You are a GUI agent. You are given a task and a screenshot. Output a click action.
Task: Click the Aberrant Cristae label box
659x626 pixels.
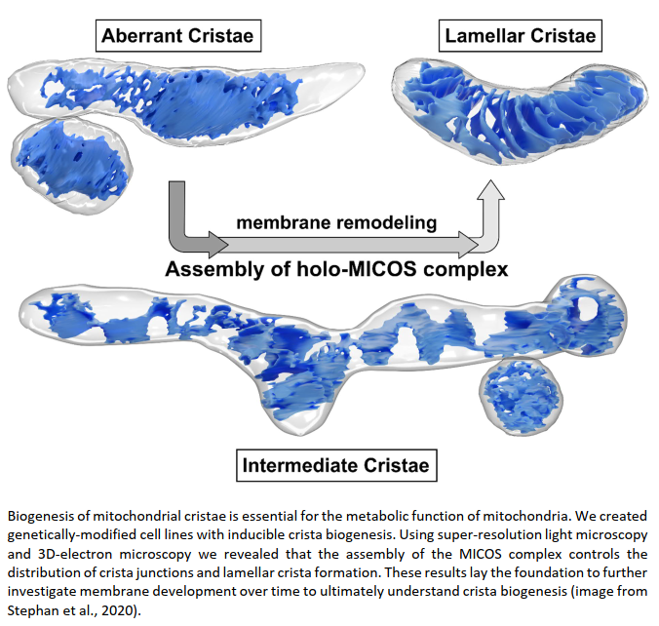point(178,38)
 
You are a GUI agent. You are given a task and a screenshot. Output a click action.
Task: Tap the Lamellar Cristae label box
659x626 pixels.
point(521,38)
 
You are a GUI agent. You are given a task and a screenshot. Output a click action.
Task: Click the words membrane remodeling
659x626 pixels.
point(336,222)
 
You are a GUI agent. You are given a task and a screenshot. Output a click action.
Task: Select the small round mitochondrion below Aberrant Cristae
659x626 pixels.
point(68,161)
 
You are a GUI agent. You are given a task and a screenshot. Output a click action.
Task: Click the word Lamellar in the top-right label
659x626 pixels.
point(483,38)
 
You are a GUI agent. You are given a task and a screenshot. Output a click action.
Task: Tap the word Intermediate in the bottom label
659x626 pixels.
point(302,465)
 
